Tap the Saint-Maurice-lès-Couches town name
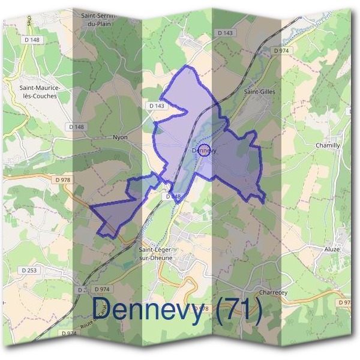point(40,92)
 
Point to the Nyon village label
point(121,137)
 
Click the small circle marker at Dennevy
point(203,151)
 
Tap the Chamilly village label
point(328,146)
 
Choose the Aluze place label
point(332,249)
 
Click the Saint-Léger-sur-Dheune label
point(155,253)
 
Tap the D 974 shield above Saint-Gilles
point(280,52)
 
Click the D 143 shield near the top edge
point(226,33)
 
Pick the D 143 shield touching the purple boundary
point(156,106)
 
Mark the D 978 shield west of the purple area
point(62,179)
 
